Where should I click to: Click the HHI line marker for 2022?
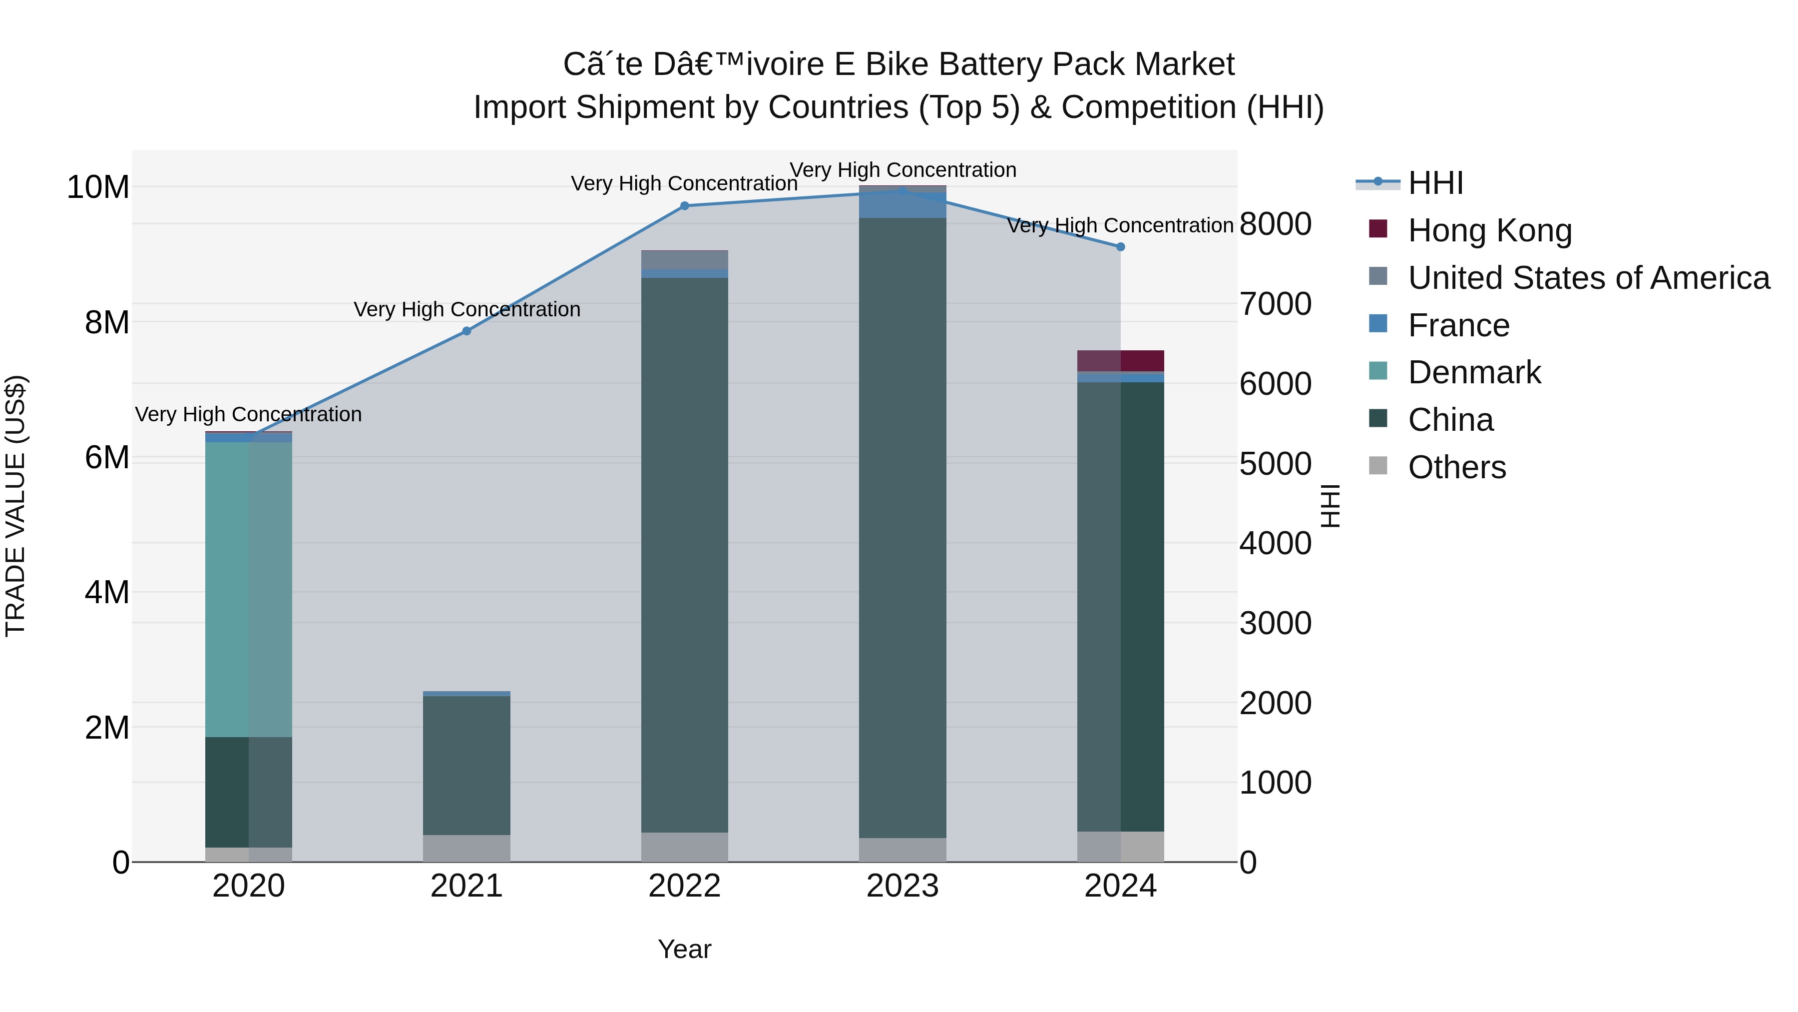(684, 206)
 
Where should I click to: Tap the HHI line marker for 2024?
(1120, 246)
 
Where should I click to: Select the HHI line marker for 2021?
(466, 331)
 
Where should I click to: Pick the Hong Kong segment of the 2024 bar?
(1120, 360)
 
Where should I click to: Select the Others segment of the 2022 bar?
(684, 847)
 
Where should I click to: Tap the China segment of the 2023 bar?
(902, 527)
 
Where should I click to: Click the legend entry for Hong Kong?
(1489, 230)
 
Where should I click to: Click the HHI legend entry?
(1434, 183)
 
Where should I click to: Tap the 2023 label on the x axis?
(902, 886)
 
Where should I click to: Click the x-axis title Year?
(684, 949)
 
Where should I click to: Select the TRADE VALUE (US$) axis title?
(15, 506)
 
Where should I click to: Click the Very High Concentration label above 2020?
(249, 414)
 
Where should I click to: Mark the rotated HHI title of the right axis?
(1331, 506)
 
